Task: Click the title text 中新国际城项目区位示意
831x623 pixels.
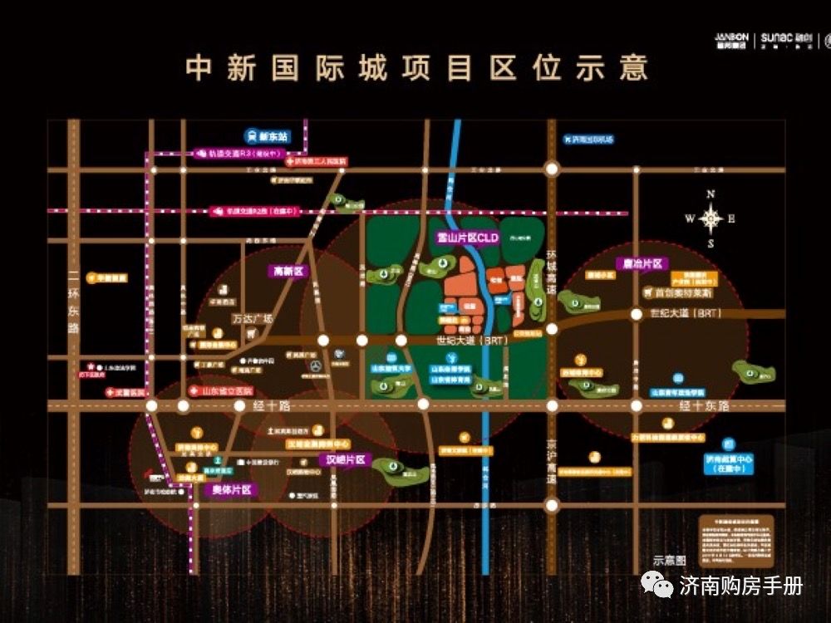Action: click(x=416, y=68)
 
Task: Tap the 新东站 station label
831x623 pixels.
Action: click(x=266, y=136)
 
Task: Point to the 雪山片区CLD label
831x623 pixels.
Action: click(x=467, y=238)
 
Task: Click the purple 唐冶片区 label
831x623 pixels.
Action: click(x=643, y=263)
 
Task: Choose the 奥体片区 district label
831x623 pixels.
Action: click(x=229, y=489)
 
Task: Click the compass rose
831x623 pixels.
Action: click(x=711, y=219)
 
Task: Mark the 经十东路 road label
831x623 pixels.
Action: click(x=704, y=405)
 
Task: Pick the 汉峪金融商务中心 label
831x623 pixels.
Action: click(x=318, y=444)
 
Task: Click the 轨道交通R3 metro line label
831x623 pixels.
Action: click(x=241, y=154)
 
